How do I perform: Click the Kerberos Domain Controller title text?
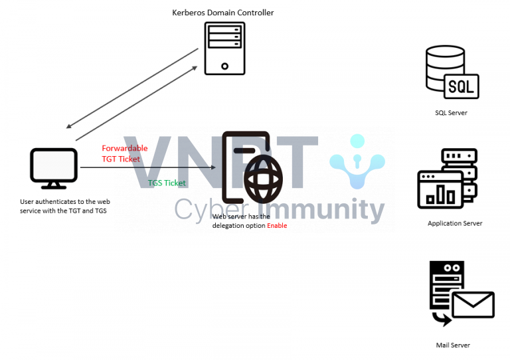pos(223,13)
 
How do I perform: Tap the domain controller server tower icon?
pos(223,48)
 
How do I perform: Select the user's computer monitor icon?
pos(54,168)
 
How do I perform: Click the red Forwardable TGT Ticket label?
pos(121,154)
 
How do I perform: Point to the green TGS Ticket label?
pos(167,183)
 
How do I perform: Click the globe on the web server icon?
pos(264,177)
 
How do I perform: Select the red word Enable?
pos(278,226)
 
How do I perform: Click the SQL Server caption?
pos(451,113)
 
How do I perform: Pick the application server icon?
pos(447,179)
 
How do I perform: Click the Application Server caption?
pos(455,223)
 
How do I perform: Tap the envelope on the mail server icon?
pos(473,305)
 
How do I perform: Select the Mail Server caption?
pos(453,345)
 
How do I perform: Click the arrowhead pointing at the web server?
pos(213,168)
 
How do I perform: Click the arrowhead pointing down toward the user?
pos(70,126)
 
